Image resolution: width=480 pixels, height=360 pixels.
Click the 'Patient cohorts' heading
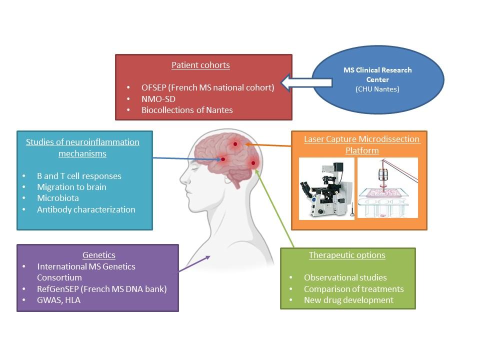[x=200, y=65]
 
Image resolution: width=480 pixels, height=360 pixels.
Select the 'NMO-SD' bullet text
[x=158, y=98]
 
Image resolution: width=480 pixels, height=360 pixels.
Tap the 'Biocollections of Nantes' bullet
[x=187, y=110]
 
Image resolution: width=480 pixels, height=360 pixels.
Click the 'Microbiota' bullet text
[x=57, y=198]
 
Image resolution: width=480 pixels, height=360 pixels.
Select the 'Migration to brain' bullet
[x=71, y=187]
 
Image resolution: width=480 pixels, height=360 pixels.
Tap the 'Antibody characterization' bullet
[x=86, y=209]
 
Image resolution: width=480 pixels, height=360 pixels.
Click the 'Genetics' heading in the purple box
[x=98, y=255]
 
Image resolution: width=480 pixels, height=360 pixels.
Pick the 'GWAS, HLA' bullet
[x=58, y=299]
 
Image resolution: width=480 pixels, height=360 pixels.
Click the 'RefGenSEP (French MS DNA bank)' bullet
[x=101, y=288]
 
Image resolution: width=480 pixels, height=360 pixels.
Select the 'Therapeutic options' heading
[x=347, y=255]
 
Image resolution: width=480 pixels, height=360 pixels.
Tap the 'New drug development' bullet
[x=348, y=300]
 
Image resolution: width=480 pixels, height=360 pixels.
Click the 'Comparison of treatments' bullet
[x=353, y=289]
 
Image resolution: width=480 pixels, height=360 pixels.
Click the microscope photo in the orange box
[x=326, y=189]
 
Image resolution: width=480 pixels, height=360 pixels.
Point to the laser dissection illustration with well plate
[x=387, y=189]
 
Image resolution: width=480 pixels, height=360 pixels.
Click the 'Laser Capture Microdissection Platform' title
[x=362, y=144]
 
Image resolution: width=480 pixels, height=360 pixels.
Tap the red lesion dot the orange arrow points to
[x=235, y=144]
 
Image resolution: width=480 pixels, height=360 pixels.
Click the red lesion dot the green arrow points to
[x=254, y=163]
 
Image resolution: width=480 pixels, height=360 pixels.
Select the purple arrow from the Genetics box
[x=194, y=263]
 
